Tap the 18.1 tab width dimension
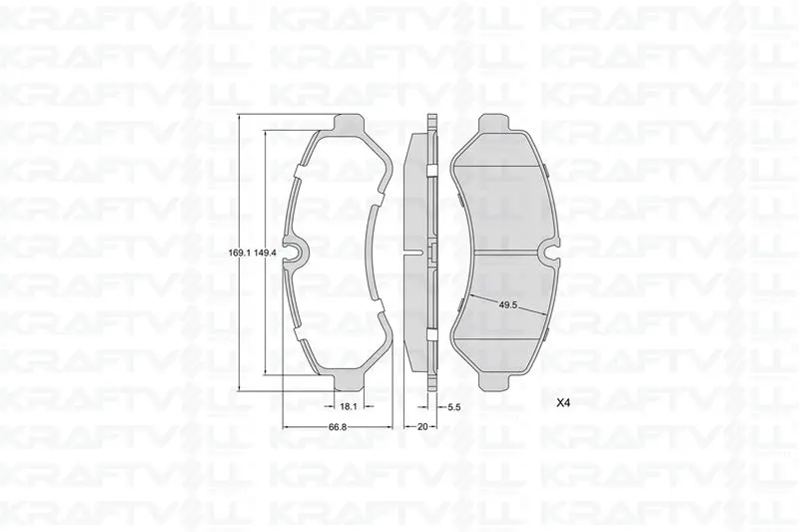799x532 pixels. (348, 406)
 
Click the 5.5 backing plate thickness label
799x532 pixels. (454, 407)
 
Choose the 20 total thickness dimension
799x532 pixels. (421, 427)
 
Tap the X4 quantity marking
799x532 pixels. (562, 403)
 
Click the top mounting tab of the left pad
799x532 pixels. (350, 124)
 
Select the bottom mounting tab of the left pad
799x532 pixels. (350, 383)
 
